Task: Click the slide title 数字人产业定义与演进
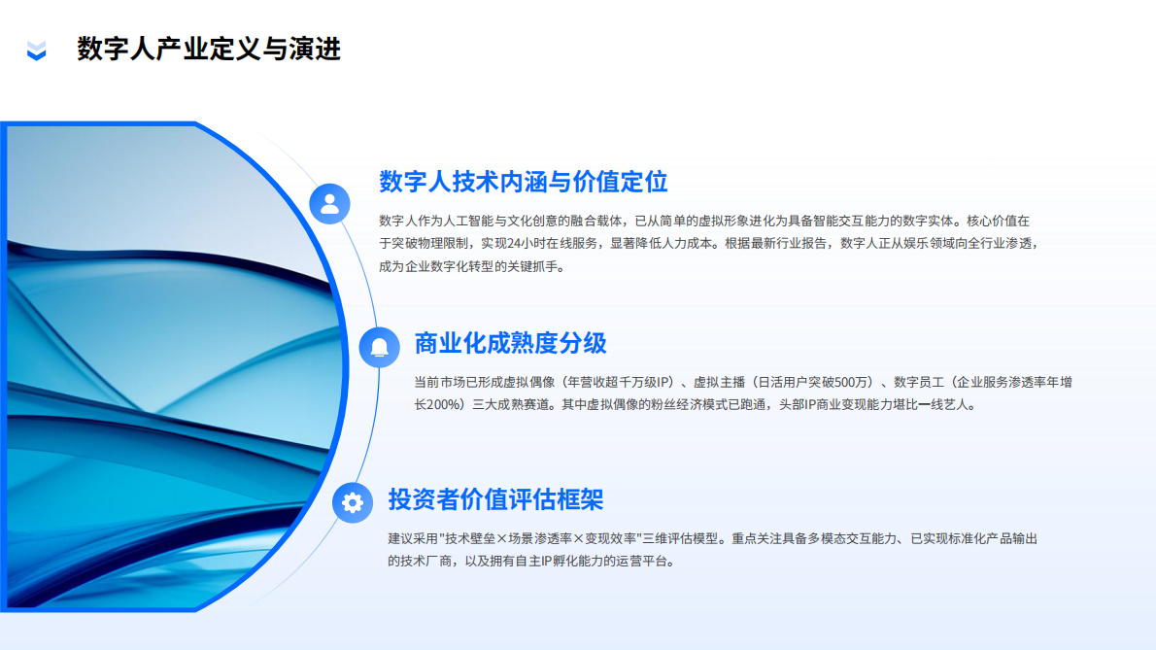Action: [209, 49]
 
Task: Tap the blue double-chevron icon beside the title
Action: [36, 50]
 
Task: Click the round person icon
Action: [329, 203]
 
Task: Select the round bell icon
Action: [379, 347]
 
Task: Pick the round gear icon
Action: [353, 502]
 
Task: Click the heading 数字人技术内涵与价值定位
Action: [523, 182]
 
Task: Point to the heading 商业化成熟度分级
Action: [510, 343]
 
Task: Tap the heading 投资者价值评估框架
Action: [495, 499]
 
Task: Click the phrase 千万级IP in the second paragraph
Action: [646, 381]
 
